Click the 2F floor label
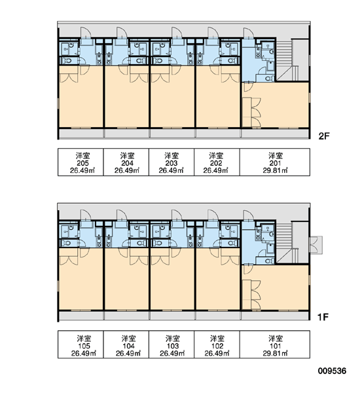(324, 136)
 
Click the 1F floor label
(323, 317)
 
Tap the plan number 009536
(333, 371)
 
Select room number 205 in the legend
(82, 163)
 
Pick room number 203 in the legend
(171, 163)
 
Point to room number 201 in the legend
(275, 163)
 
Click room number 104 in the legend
(128, 346)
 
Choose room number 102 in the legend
(217, 346)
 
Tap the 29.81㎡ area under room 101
(275, 354)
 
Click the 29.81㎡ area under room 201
(275, 170)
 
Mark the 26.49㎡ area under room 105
(83, 354)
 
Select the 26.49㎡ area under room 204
(127, 170)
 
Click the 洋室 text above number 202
(216, 156)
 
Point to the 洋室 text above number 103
(173, 339)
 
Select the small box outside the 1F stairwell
(316, 245)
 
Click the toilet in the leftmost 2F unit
(67, 61)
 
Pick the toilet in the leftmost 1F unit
(67, 243)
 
